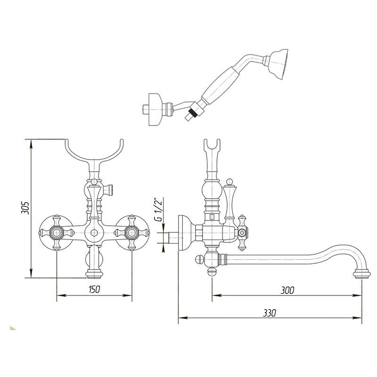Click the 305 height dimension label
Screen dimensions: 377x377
[25, 208]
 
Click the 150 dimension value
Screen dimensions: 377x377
[94, 289]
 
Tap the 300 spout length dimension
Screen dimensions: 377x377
[287, 290]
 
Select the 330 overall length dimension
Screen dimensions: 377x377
[269, 313]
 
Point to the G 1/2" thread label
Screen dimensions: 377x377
[159, 209]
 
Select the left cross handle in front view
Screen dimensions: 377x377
[57, 233]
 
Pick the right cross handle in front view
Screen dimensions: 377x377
[131, 233]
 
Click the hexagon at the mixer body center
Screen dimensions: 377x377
[94, 233]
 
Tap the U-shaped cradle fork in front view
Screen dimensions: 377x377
[94, 151]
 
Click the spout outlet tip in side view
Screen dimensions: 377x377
[362, 274]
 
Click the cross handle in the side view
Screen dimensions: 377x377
[242, 233]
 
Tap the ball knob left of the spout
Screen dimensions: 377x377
[199, 260]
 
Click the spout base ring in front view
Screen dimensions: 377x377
[94, 274]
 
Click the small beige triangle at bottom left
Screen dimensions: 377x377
[13, 328]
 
